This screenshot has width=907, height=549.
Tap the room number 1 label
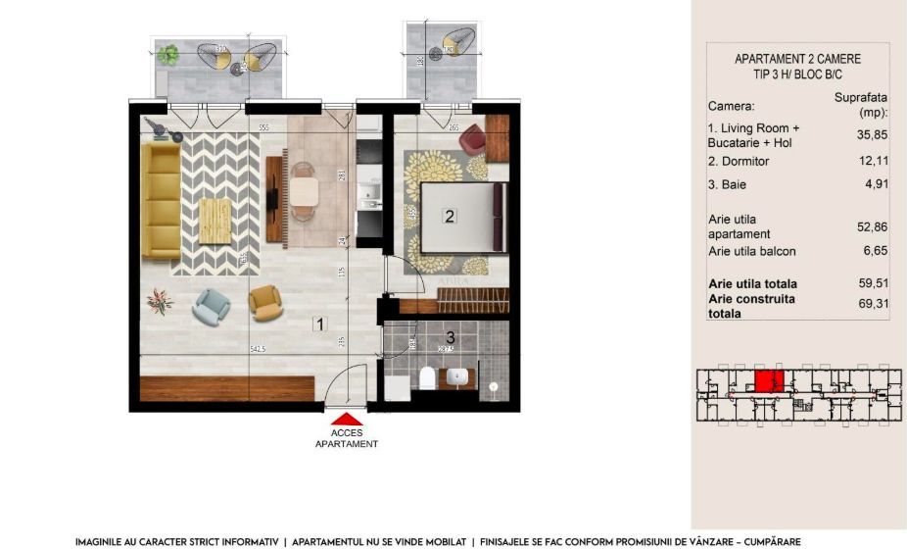pos(317,324)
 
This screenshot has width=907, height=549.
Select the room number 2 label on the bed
pos(450,218)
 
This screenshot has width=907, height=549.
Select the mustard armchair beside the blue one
pos(263,302)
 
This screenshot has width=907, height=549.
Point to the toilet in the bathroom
pos(425,379)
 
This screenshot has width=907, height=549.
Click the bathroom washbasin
pos(458,377)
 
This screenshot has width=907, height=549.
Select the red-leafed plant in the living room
pos(159,302)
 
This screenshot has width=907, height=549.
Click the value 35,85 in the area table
pos(860,135)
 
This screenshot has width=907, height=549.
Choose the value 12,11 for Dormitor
pos(860,160)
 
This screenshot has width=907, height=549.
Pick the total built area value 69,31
pos(860,306)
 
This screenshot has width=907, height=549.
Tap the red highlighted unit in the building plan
pos(768,381)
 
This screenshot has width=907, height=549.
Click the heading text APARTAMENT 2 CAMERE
pos(790,59)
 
